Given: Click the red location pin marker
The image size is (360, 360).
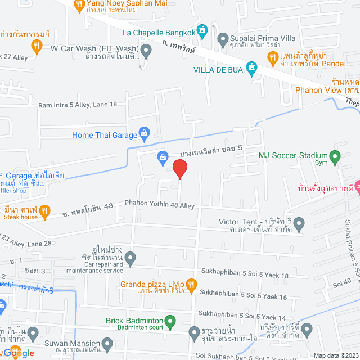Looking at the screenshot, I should pyautogui.click(x=179, y=169).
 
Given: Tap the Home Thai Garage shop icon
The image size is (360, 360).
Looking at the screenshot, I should pyautogui.click(x=145, y=134).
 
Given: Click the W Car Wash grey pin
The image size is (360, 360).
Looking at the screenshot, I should pyautogui.click(x=146, y=52).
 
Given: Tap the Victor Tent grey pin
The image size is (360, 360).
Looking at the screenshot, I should pyautogui.click(x=299, y=225).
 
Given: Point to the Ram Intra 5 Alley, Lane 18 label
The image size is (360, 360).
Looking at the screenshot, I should pyautogui.click(x=78, y=105).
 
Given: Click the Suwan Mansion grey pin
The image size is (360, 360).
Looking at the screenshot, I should pyautogui.click(x=107, y=343).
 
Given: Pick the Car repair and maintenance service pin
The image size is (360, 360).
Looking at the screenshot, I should pyautogui.click(x=130, y=259).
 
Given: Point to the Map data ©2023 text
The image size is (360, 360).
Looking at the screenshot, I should pyautogui.click(x=335, y=355).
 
